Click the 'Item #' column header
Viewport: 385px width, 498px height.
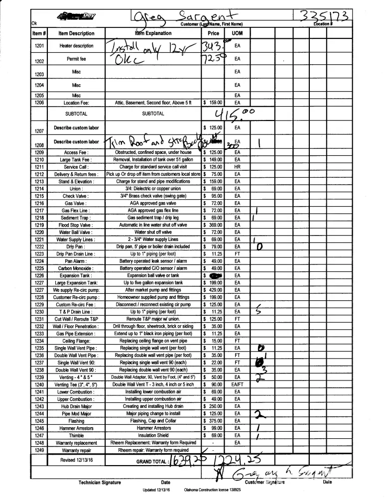39,34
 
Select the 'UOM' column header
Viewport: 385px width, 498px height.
237,34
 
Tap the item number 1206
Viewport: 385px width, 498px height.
39,103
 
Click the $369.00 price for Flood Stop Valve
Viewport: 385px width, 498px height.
213,225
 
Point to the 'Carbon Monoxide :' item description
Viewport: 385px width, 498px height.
76,268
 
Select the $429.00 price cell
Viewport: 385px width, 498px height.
213,290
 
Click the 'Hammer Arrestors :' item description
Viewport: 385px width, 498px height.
76,428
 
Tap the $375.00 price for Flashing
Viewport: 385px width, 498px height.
213,421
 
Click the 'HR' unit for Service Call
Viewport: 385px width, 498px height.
237,167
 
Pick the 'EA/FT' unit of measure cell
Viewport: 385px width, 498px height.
237,384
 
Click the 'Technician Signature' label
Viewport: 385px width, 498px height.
99,483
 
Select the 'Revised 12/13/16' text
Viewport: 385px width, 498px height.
76,460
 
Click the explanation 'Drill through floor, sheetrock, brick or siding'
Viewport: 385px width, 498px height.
153,326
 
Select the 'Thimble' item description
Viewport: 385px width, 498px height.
76,435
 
